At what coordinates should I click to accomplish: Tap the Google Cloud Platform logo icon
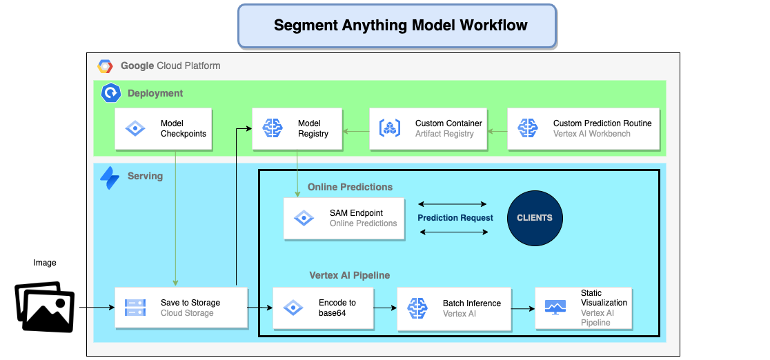(105, 66)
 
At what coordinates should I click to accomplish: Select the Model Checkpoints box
(161, 129)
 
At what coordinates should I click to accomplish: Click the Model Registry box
(297, 129)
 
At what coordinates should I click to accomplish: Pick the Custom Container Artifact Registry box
(428, 129)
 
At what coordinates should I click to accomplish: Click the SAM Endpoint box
(344, 219)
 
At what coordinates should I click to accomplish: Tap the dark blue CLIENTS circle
(535, 218)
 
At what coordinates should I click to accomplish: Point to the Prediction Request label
(455, 218)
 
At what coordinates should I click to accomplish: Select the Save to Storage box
(181, 308)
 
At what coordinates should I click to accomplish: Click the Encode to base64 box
(324, 308)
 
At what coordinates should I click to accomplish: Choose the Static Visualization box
(583, 308)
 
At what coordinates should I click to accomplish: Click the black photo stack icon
(45, 306)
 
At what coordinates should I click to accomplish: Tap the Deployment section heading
(155, 93)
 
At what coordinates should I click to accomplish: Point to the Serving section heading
(145, 176)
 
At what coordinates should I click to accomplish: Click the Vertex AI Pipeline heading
(349, 275)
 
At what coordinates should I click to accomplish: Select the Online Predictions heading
(350, 187)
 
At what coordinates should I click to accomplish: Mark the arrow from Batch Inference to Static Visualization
(523, 308)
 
